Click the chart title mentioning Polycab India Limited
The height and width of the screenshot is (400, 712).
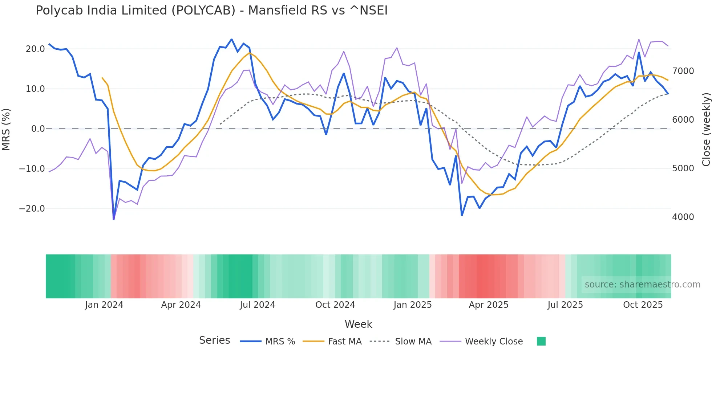click(x=211, y=11)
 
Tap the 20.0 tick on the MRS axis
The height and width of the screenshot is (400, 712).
click(x=35, y=49)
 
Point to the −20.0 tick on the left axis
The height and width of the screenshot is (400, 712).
click(x=32, y=209)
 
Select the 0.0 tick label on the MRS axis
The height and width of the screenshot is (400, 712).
click(x=38, y=129)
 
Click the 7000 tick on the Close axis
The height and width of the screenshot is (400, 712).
click(x=683, y=71)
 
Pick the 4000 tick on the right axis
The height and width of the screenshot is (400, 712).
click(x=683, y=217)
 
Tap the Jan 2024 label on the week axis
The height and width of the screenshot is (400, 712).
click(x=104, y=305)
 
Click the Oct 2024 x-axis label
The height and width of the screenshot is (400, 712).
click(x=335, y=305)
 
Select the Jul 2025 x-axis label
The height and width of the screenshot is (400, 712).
click(x=565, y=305)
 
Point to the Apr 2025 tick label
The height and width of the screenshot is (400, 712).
click(x=489, y=305)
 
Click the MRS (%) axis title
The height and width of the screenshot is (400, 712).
click(x=6, y=129)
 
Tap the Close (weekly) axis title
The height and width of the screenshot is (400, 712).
click(x=706, y=129)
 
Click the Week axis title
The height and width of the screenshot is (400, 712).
click(x=358, y=324)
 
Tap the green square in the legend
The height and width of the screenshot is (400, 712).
click(x=541, y=341)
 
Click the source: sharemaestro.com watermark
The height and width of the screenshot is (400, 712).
click(x=642, y=285)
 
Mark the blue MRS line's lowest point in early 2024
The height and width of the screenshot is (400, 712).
click(x=114, y=219)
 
